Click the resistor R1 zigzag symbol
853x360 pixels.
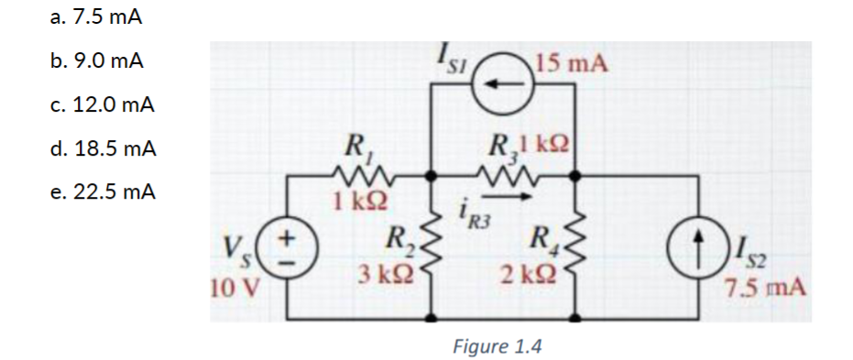pos(351,174)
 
